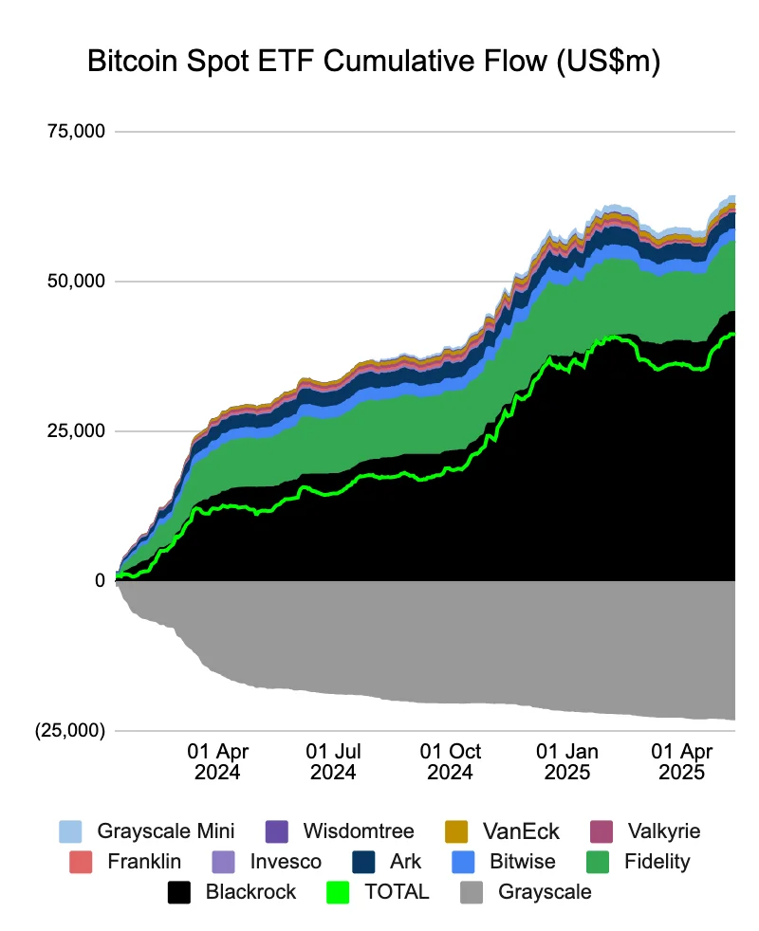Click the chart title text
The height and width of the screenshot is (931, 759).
[373, 62]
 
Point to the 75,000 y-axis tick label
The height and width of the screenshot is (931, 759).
[75, 131]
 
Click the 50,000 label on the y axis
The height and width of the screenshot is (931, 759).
[75, 281]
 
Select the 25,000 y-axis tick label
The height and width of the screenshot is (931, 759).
[75, 430]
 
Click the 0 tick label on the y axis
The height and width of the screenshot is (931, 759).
[99, 580]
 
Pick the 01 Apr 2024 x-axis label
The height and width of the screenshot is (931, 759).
[217, 761]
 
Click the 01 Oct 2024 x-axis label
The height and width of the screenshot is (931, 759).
[451, 761]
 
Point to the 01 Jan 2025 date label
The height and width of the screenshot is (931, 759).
[567, 761]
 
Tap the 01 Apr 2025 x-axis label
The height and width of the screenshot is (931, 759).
[682, 761]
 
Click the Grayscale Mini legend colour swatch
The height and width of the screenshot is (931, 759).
[70, 831]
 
